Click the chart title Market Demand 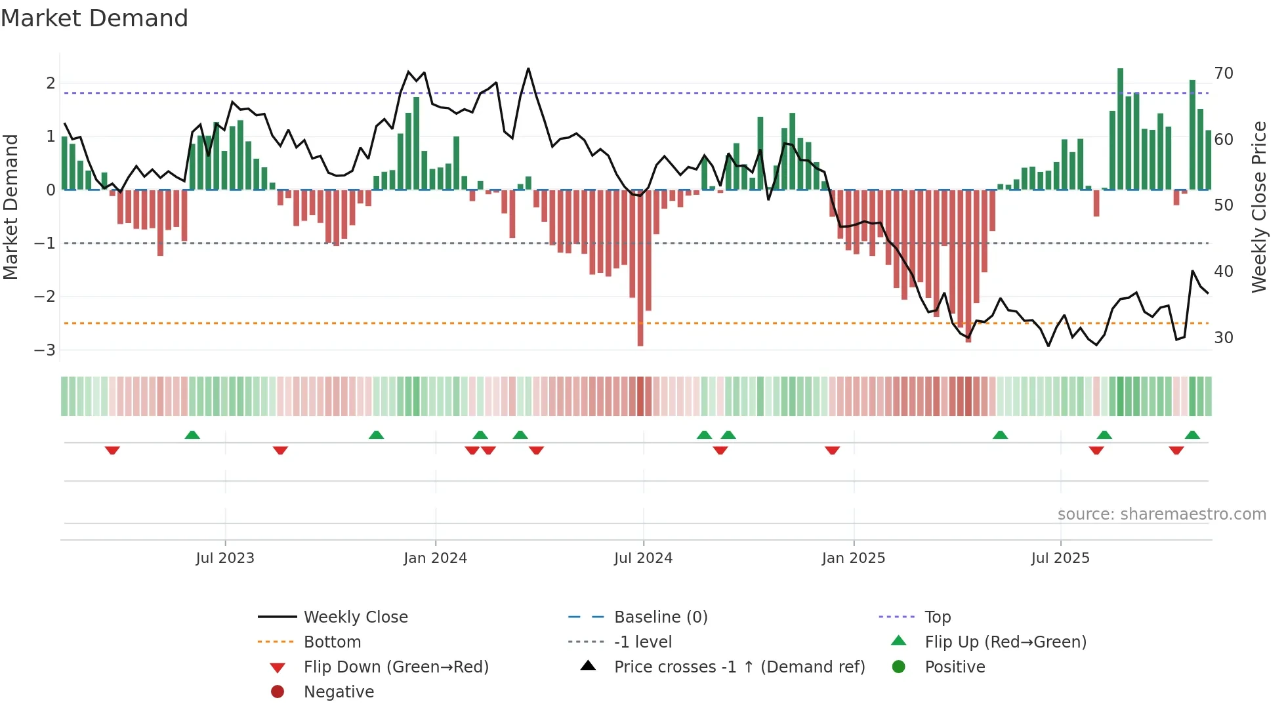click(x=94, y=18)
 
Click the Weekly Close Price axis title click(x=1258, y=207)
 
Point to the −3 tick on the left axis click(x=45, y=350)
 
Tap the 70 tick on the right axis click(x=1223, y=73)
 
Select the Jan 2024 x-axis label click(x=435, y=558)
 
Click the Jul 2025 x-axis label click(x=1060, y=558)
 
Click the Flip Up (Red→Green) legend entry click(x=1005, y=642)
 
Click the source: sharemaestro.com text click(x=1161, y=514)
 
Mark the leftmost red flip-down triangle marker click(x=112, y=450)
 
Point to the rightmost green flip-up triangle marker click(x=1192, y=435)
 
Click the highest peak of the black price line click(x=528, y=69)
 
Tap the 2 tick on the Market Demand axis click(x=51, y=83)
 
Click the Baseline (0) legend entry click(x=660, y=617)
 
